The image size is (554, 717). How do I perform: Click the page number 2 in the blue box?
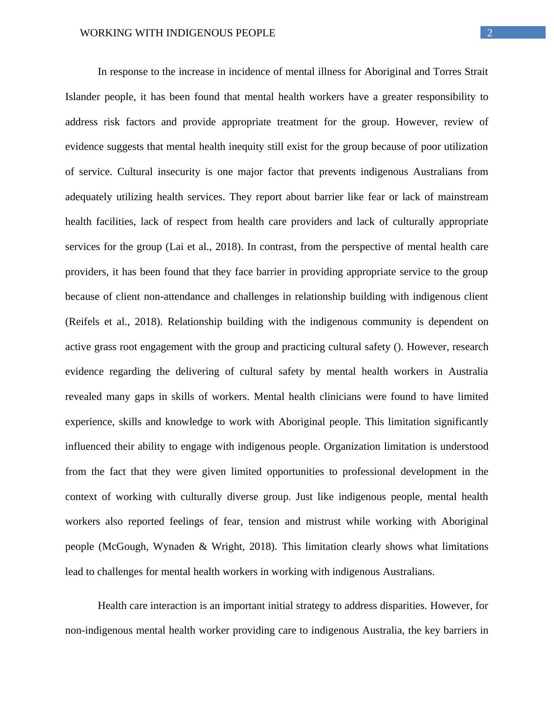490,33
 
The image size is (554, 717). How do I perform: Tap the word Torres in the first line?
447,72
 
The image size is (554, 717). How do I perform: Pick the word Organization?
352,446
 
